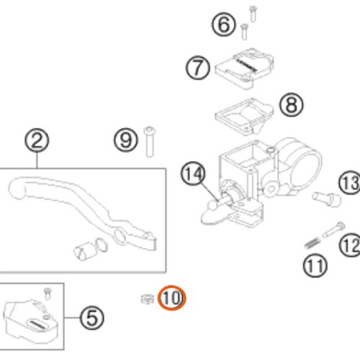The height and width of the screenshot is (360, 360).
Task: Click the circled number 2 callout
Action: coord(37,141)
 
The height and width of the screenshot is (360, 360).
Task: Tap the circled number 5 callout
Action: coord(92,318)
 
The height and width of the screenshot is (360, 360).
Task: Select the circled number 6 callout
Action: coord(223,24)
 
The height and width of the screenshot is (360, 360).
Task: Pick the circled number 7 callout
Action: coord(198,68)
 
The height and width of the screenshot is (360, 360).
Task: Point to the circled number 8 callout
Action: coord(292,105)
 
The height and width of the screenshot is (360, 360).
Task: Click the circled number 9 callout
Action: coord(126,140)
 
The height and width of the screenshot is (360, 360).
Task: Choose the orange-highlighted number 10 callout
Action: coord(172,298)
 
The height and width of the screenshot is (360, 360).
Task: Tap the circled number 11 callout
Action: coord(315,266)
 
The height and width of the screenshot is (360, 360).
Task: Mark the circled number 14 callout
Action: coord(193,174)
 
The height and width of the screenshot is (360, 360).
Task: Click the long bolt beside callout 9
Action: coord(150,142)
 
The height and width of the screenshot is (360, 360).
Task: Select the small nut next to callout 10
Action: coord(148,299)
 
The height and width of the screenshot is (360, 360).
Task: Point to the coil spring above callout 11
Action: coord(312,243)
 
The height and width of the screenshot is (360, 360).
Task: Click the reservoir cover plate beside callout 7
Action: coord(245,68)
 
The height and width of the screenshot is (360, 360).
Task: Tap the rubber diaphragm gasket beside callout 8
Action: coord(244,116)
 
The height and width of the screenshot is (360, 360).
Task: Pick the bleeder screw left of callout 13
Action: coord(327,199)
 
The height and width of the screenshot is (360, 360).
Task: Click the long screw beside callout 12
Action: coord(334,230)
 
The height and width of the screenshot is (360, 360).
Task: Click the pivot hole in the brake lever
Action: coord(120,237)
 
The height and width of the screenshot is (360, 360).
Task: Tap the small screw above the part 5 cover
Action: coord(48,294)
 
